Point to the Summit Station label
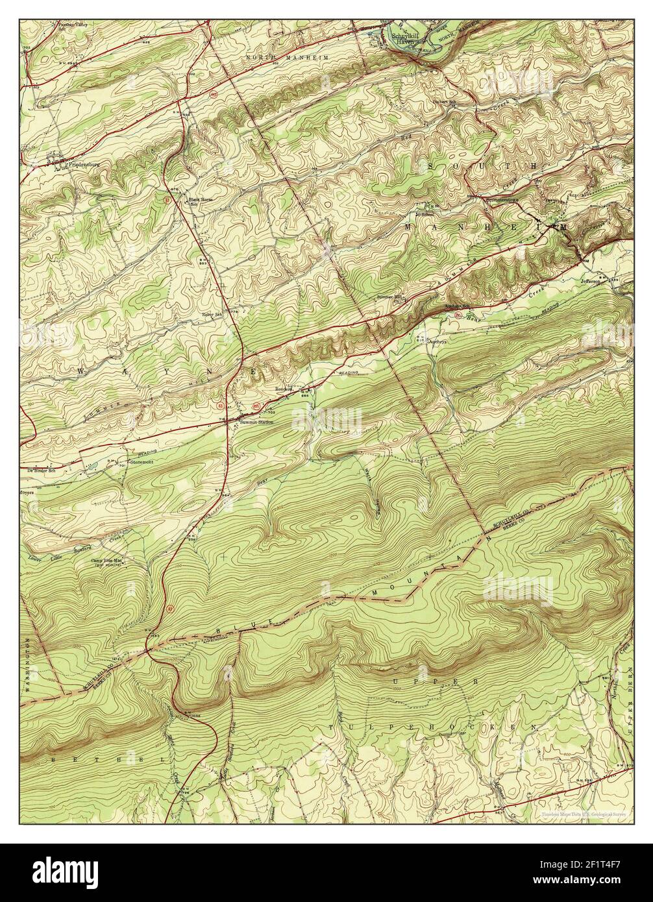256,422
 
